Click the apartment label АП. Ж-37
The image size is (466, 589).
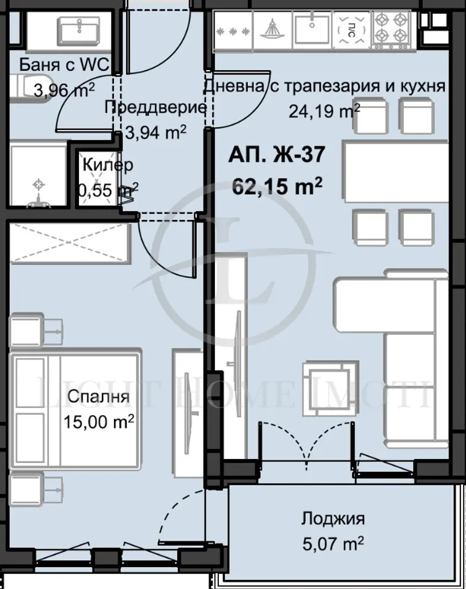(276, 154)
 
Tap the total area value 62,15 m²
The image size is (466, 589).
(277, 186)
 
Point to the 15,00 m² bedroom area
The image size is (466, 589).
(98, 421)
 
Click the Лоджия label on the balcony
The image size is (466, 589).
(333, 519)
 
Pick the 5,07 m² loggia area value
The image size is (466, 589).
(333, 544)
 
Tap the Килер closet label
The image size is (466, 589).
(108, 165)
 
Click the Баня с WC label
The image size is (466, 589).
(65, 64)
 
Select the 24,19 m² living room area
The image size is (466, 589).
(324, 110)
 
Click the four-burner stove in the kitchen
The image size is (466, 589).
(391, 29)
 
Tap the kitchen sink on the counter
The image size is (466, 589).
(312, 28)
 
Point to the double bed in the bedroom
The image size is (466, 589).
(75, 408)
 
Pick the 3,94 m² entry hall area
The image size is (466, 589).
(156, 133)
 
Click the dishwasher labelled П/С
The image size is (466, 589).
(351, 29)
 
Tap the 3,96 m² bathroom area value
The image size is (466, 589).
(64, 90)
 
